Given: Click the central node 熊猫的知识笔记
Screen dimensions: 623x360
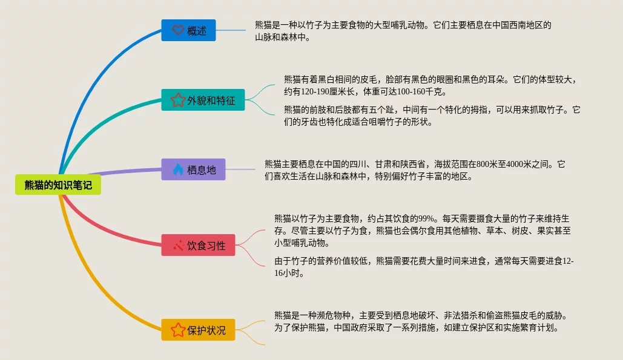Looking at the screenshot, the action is pyautogui.click(x=58, y=185).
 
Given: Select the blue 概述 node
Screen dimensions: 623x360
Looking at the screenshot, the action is pyautogui.click(x=188, y=30).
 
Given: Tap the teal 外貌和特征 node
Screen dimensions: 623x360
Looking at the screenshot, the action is pyautogui.click(x=203, y=100).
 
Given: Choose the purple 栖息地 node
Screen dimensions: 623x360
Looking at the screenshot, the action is pyautogui.click(x=193, y=169).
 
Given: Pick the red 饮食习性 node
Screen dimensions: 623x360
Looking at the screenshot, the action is pyautogui.click(x=198, y=245).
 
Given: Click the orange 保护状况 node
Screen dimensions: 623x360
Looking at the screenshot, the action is pyautogui.click(x=198, y=330).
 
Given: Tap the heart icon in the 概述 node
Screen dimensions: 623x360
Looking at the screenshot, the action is pyautogui.click(x=177, y=30).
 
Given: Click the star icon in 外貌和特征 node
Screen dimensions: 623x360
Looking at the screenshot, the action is pyautogui.click(x=177, y=100).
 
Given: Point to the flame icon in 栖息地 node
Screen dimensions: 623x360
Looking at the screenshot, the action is pyautogui.click(x=177, y=169).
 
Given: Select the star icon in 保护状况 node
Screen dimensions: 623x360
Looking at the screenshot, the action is pyautogui.click(x=177, y=330).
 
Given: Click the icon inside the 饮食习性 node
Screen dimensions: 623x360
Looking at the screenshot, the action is pyautogui.click(x=178, y=245).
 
